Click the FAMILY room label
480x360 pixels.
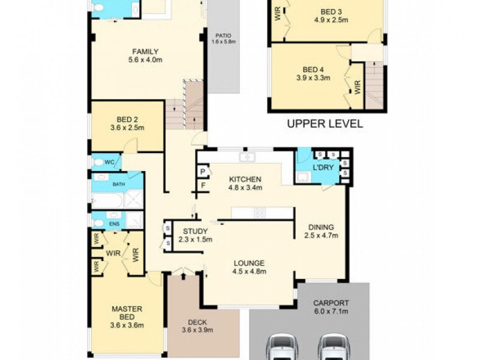(x=146, y=52)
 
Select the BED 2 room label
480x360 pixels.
(x=127, y=119)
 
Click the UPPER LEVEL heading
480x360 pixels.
(x=325, y=124)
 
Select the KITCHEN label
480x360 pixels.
(x=244, y=179)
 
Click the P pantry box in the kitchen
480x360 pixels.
(x=203, y=172)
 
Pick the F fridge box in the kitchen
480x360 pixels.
(x=203, y=186)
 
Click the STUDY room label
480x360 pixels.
(x=196, y=231)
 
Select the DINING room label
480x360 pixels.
(x=321, y=227)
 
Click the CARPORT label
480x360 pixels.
(x=331, y=303)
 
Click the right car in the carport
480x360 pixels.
(x=333, y=346)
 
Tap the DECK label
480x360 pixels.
(x=197, y=322)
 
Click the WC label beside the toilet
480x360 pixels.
(x=110, y=162)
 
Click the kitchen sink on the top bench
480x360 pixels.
(x=247, y=157)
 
